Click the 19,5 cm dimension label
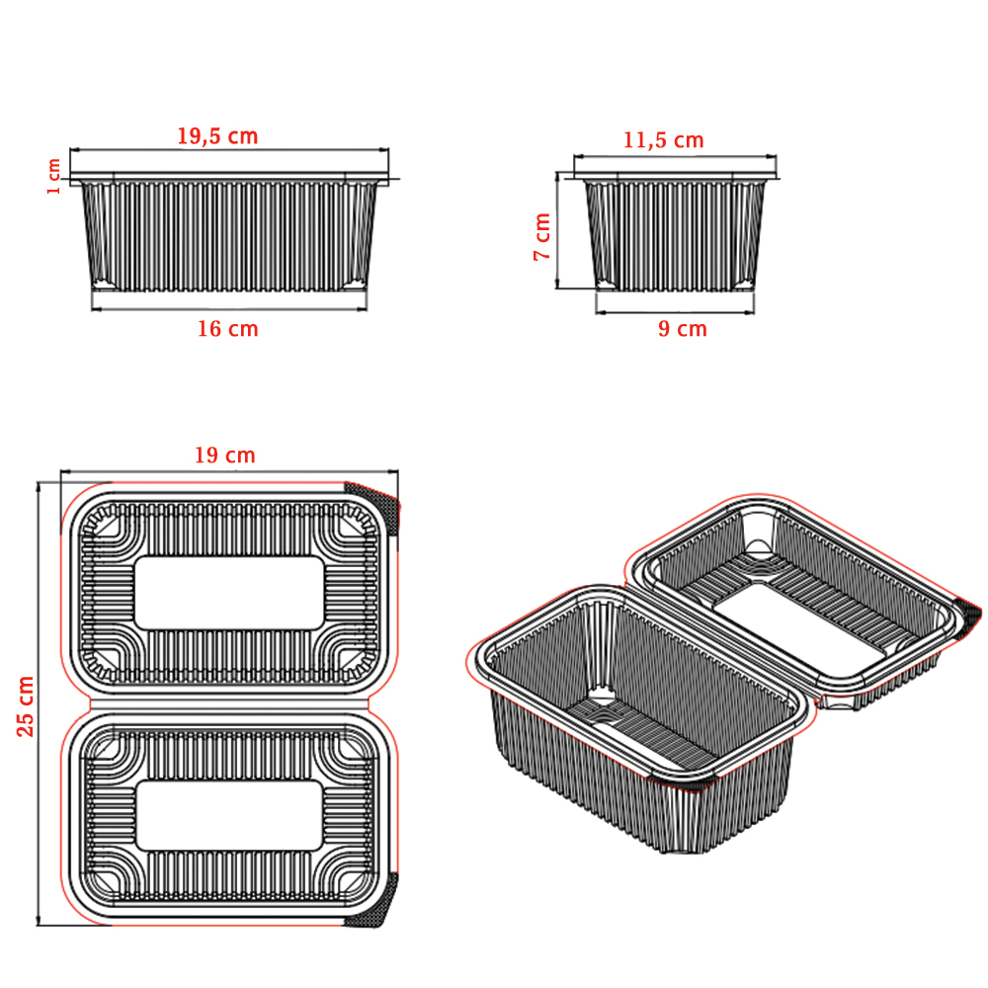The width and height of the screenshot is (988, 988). click(x=217, y=136)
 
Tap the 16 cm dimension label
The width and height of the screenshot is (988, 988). click(x=228, y=328)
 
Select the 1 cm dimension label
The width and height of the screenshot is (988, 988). click(x=53, y=177)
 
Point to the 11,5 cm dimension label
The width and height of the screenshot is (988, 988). click(x=664, y=140)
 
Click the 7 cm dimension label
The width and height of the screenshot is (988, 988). click(x=541, y=236)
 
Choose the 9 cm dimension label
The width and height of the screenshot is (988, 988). click(x=683, y=328)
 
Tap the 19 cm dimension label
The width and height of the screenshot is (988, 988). click(x=225, y=454)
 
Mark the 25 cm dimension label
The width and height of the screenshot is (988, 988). click(x=26, y=706)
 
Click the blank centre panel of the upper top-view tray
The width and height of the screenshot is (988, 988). click(x=229, y=593)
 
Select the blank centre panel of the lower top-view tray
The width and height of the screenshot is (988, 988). click(x=229, y=816)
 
